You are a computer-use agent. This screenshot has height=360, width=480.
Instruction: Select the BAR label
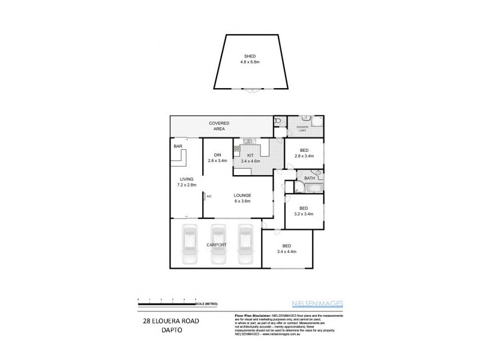[x=178, y=146]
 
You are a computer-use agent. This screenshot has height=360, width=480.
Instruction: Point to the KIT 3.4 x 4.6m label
[x=251, y=158]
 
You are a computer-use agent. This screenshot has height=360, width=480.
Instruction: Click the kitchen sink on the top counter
[x=247, y=142]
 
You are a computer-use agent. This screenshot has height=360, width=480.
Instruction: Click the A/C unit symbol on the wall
[x=205, y=196]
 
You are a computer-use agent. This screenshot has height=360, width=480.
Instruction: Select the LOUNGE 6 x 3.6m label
[x=242, y=199]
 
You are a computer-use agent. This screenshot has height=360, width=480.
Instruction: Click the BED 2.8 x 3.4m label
[x=304, y=153]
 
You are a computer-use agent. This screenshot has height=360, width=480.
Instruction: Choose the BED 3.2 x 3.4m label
[x=304, y=212]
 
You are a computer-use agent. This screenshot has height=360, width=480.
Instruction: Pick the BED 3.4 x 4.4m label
[x=286, y=249]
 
